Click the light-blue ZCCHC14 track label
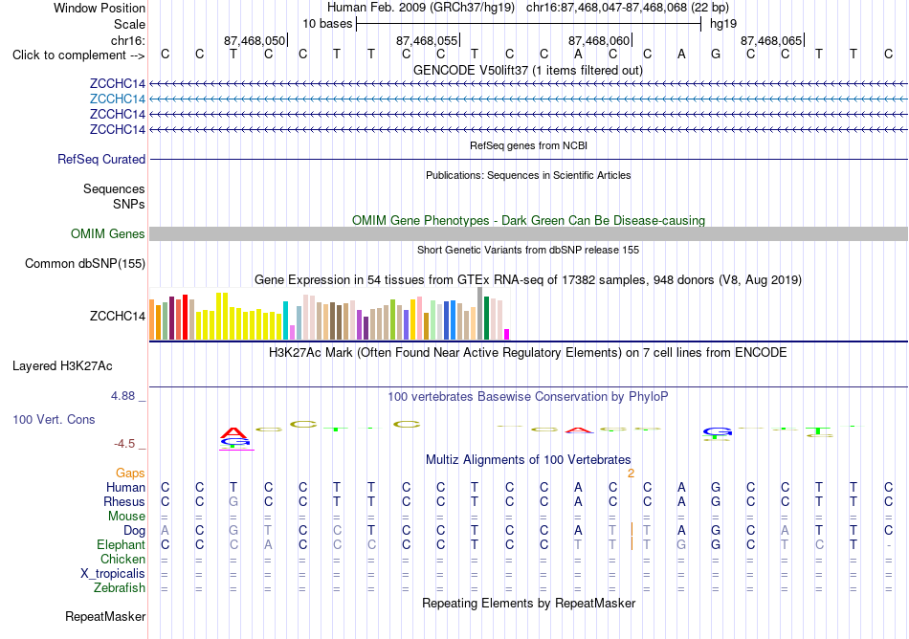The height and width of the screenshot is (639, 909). point(117,99)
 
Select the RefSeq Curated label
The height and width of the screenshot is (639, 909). point(101,160)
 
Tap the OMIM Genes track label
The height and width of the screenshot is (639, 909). point(108,234)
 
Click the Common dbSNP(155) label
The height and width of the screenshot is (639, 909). point(85,264)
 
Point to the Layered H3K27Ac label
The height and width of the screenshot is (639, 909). point(62,366)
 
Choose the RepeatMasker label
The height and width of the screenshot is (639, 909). point(105,616)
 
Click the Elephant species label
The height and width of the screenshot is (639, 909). point(122,545)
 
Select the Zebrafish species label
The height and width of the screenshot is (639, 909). point(120,588)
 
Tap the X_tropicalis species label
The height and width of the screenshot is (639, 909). point(113,574)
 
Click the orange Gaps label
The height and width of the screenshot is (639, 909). point(130,474)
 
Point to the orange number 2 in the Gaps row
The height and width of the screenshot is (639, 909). point(631,474)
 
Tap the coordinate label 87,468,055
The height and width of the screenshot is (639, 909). point(427,40)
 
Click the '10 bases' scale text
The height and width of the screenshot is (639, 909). point(327,24)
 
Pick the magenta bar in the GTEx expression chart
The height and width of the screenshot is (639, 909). point(507,334)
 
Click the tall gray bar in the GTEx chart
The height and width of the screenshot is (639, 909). point(480,314)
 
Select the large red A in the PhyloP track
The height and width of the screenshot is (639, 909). point(233,432)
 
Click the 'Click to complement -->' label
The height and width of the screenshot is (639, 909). point(78,55)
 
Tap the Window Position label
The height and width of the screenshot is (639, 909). point(100,8)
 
